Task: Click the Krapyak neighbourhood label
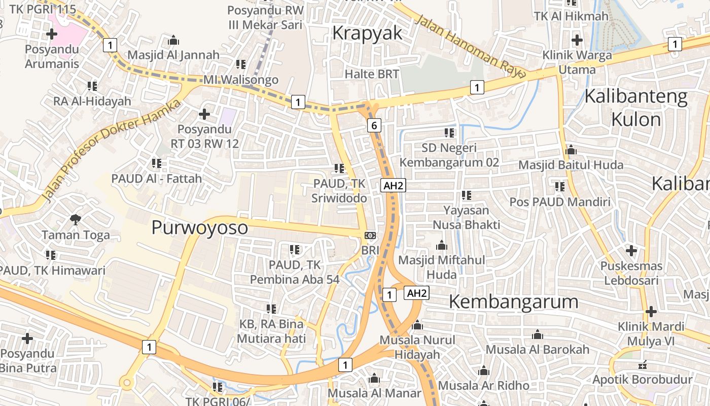[367, 33]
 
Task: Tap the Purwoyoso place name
[200, 227]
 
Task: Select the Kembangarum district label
[513, 301]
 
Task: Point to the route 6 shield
[374, 125]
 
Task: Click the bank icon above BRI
[370, 235]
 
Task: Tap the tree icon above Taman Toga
[76, 219]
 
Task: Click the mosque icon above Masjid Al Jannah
[173, 40]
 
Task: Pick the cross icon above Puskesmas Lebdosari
[631, 250]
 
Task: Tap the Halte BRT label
[372, 74]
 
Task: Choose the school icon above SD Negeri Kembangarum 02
[449, 133]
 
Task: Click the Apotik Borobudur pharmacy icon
[643, 364]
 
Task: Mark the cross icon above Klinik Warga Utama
[577, 40]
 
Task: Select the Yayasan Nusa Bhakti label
[466, 217]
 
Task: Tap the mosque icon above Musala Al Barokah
[538, 335]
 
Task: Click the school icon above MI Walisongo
[241, 64]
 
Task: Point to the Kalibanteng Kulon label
[636, 108]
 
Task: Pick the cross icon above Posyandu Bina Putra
[27, 338]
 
